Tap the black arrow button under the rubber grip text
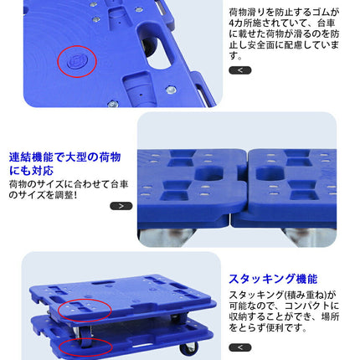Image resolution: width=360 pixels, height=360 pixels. pos(239,70)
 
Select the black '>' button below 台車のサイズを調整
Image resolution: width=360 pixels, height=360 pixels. pos(121,205)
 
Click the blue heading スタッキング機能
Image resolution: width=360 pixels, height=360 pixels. pos(273,279)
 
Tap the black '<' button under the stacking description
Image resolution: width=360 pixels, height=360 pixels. pos(239,347)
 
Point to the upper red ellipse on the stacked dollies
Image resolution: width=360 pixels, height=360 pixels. pos(84,310)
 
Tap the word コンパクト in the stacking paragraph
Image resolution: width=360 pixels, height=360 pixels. pos(307,306)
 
